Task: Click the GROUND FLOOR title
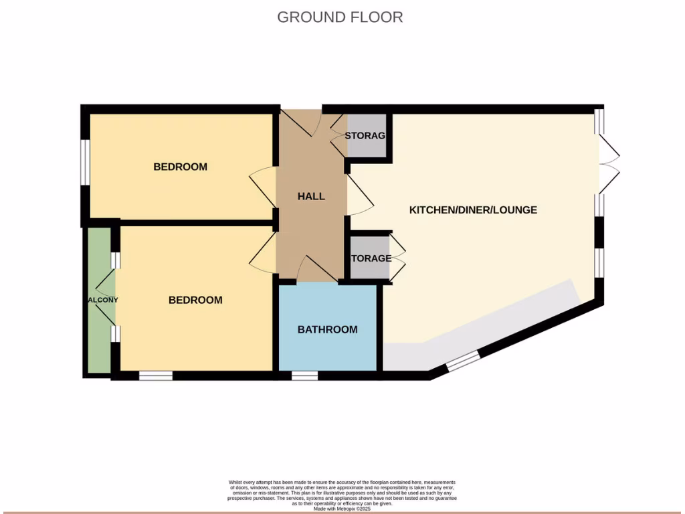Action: tap(340, 17)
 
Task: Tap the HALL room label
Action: tap(311, 196)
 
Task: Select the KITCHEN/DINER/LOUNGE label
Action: tap(473, 209)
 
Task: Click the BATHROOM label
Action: tap(327, 329)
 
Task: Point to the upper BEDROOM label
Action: tap(180, 167)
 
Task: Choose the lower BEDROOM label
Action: tap(195, 300)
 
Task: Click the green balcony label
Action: tap(101, 300)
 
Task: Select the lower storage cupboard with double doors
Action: tap(370, 258)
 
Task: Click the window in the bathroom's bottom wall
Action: tap(304, 376)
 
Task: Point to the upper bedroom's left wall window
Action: tap(85, 161)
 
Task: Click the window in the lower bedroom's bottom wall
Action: tap(155, 376)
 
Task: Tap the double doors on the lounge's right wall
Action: tap(609, 161)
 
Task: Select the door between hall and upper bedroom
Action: tap(263, 183)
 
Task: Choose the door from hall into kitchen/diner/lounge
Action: tap(360, 195)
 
